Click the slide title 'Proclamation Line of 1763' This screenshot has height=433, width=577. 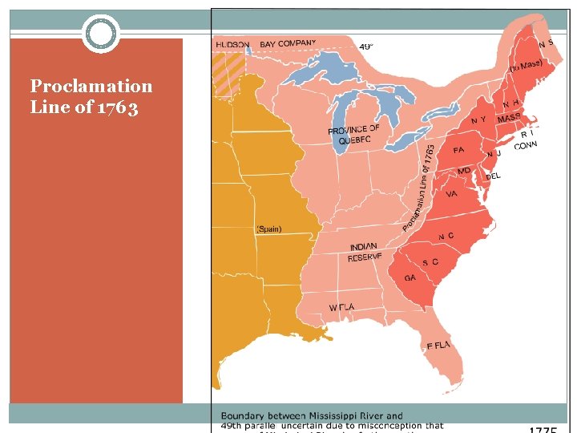[91, 96]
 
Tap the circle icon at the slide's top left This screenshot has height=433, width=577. [101, 34]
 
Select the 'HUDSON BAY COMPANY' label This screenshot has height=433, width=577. [265, 44]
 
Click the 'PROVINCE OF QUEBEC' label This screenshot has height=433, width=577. [353, 135]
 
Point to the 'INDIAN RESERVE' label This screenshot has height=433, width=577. [365, 253]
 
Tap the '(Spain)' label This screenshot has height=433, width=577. [268, 229]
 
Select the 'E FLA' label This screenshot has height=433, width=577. [438, 346]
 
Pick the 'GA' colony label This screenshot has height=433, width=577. [410, 278]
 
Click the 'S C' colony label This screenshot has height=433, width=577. [430, 262]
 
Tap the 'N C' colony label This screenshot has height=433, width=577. [446, 237]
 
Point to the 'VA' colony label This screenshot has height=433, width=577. [451, 193]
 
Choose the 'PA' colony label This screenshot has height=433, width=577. [458, 150]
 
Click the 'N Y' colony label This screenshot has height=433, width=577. [478, 120]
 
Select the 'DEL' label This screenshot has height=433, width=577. [494, 176]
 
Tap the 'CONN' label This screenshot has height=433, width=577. [526, 146]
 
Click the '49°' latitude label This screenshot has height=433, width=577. [365, 47]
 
